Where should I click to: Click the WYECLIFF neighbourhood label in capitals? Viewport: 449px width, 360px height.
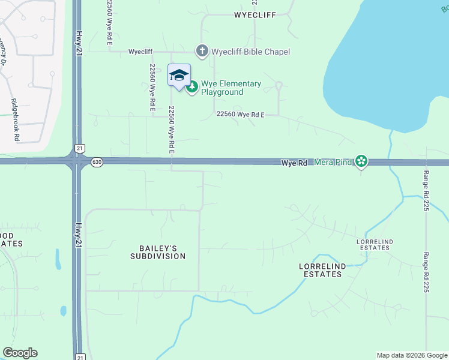tap(255, 15)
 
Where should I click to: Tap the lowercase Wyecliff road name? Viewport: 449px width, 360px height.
tap(140, 52)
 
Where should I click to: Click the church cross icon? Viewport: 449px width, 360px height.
tap(202, 52)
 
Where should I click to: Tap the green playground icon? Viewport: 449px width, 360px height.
tap(192, 88)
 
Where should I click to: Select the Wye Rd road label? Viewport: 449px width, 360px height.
tap(295, 163)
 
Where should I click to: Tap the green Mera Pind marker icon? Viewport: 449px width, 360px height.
tap(361, 161)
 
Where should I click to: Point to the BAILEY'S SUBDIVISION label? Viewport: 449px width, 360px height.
tap(158, 252)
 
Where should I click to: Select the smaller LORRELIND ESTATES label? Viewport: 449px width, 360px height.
tap(375, 244)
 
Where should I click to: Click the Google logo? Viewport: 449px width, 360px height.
tap(20, 353)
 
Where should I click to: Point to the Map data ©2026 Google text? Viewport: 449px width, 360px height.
tap(411, 355)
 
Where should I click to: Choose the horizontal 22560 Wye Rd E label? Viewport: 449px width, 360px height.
tap(240, 114)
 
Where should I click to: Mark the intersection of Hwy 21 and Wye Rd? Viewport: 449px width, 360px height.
tap(77, 161)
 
